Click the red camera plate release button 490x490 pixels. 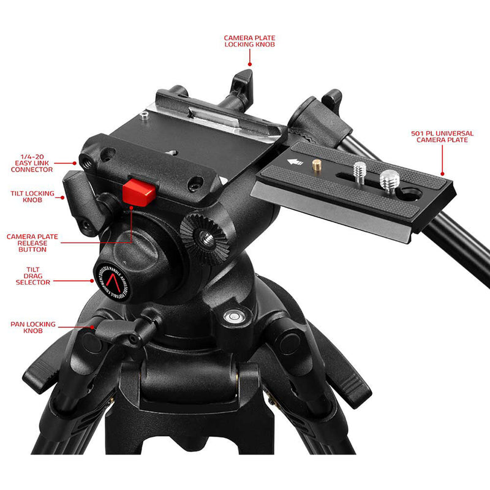[138, 192]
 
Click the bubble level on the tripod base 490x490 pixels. [233, 317]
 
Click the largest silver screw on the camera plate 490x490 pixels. [388, 179]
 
